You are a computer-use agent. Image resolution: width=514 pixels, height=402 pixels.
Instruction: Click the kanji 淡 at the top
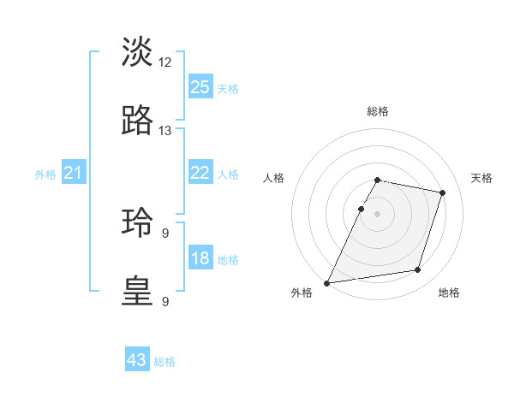click(138, 52)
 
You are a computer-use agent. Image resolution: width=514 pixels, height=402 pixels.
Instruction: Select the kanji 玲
click(138, 222)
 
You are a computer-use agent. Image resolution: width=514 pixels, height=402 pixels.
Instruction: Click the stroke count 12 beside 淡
click(165, 62)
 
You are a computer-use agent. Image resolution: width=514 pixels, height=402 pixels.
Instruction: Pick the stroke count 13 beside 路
click(165, 130)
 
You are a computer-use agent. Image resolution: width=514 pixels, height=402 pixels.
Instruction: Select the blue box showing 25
click(200, 86)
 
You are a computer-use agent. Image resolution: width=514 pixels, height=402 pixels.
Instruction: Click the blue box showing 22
click(200, 173)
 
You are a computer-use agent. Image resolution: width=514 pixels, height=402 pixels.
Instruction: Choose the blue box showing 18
click(200, 258)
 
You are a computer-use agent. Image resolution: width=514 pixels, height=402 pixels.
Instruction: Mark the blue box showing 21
click(74, 173)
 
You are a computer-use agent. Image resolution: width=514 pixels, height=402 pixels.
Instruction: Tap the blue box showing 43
click(137, 360)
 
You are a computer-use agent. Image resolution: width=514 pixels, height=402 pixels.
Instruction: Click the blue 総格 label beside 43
click(164, 362)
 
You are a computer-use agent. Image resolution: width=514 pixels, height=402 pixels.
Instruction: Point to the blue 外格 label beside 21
click(45, 174)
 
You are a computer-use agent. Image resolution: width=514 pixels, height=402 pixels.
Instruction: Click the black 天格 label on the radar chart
click(481, 178)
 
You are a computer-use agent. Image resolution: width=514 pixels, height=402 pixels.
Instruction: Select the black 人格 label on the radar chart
click(273, 178)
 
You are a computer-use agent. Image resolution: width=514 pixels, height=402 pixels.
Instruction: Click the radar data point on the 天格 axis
click(443, 192)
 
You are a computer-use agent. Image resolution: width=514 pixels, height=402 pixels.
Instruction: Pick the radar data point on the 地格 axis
click(418, 270)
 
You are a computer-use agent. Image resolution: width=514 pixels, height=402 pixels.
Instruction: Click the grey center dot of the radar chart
click(377, 213)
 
